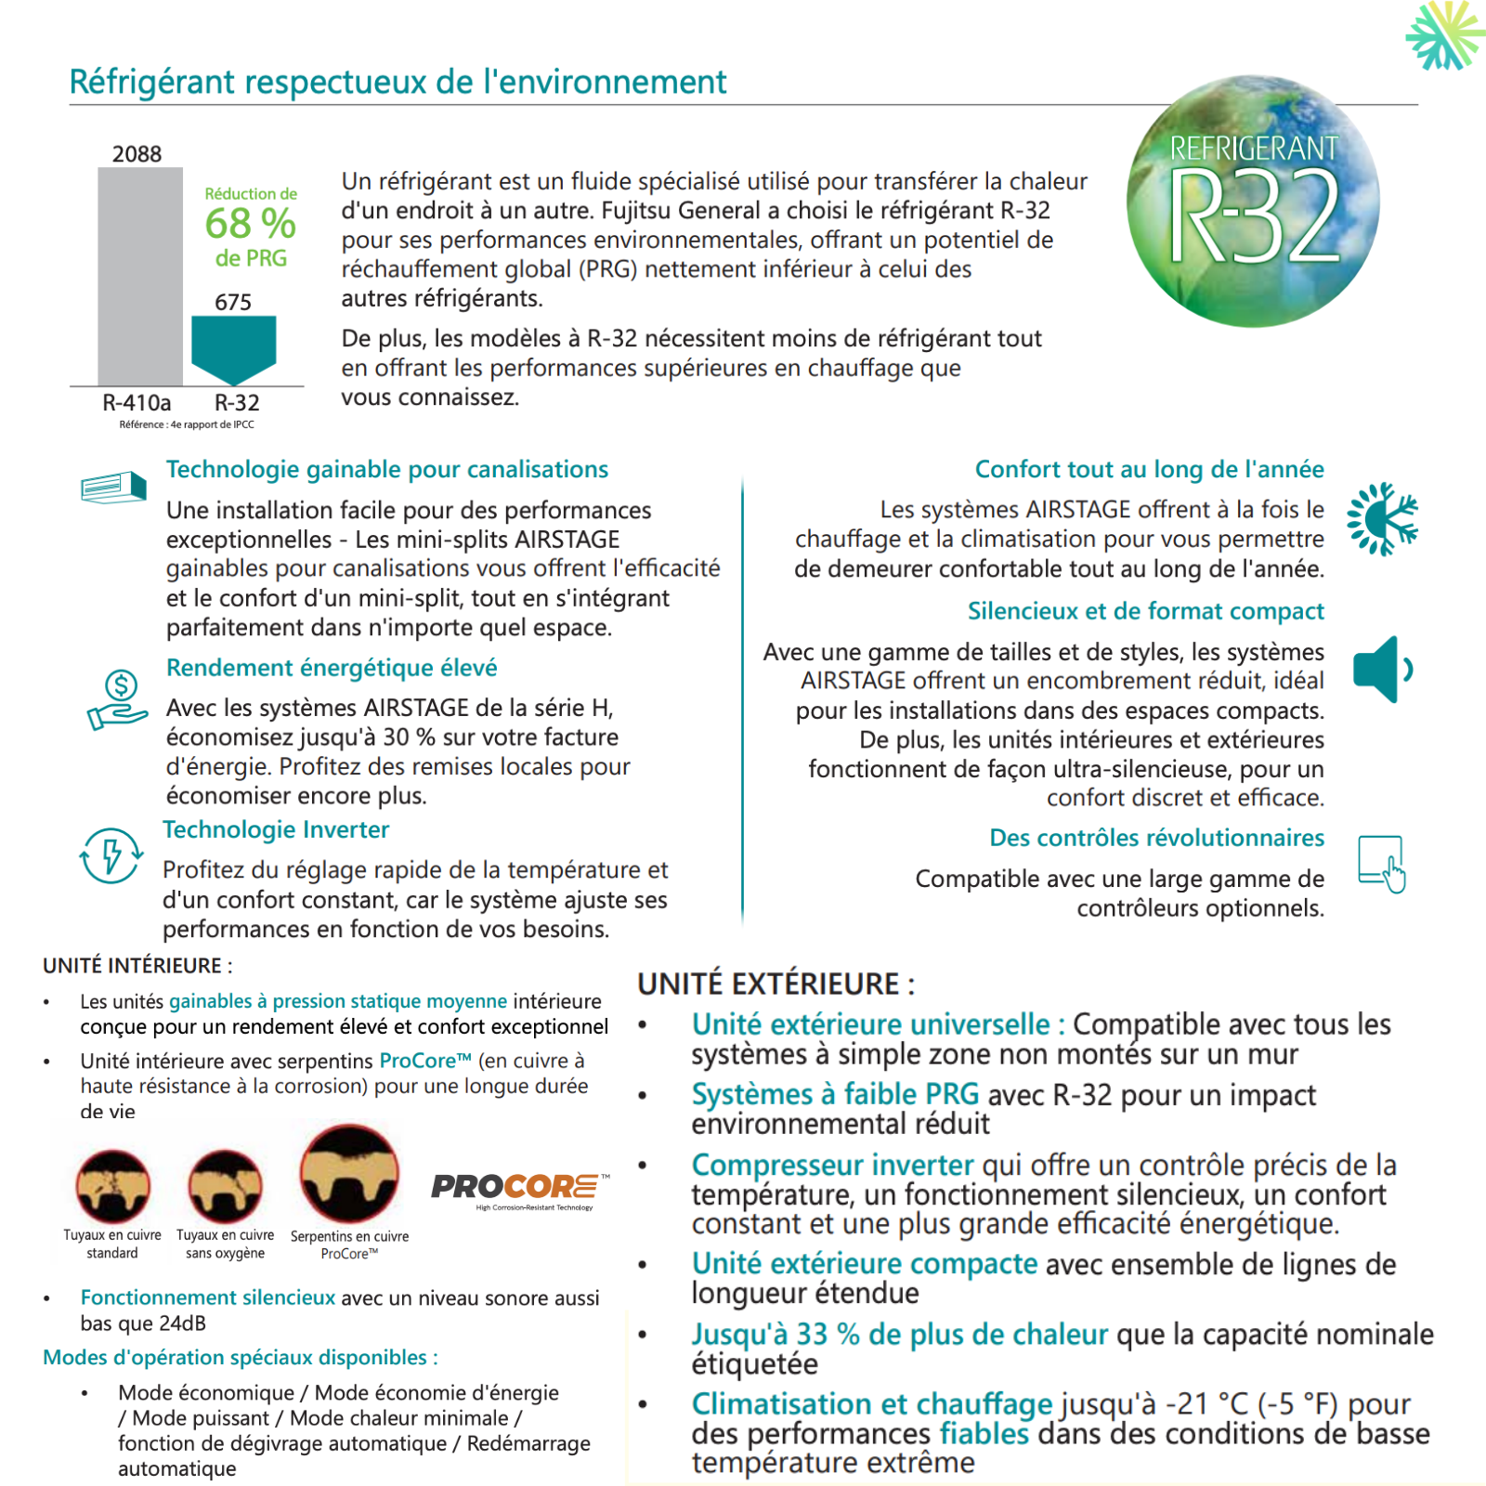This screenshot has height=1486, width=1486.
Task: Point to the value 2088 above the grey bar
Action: coord(137,154)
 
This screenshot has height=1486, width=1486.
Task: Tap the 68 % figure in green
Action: coord(250,224)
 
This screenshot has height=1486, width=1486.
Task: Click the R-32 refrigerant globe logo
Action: coord(1253,202)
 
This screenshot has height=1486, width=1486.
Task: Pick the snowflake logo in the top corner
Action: coord(1444,35)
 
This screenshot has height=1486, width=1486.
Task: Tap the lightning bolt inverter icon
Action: coord(111,854)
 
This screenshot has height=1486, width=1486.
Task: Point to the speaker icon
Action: coord(1381,669)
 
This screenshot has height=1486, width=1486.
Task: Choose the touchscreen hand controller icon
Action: coord(1382,863)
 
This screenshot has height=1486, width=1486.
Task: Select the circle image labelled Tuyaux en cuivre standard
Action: coord(112,1186)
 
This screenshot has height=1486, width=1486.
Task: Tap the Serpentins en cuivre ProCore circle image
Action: coord(349,1174)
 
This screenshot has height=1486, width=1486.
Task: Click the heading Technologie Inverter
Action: coord(276,829)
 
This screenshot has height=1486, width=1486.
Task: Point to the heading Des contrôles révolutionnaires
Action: coord(1156,838)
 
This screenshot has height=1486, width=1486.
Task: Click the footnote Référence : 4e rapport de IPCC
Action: coord(187,424)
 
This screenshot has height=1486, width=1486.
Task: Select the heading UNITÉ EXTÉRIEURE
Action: coord(776,984)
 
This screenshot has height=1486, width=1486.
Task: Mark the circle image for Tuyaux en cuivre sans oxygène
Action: coord(225,1186)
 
